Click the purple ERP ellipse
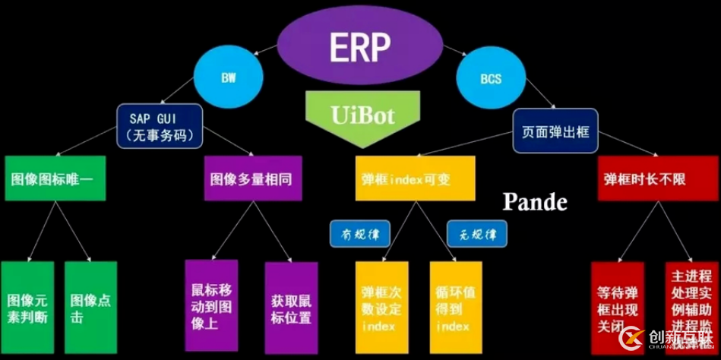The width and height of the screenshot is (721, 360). pos(361,46)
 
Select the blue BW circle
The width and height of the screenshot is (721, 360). pos(228,77)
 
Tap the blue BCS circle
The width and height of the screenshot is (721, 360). pos(490,77)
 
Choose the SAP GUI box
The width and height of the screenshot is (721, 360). pos(160,125)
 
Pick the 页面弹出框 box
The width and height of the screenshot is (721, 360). pos(555,131)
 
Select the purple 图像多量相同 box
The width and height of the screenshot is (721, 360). pos(251,179)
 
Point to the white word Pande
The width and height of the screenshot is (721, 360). pos(535,202)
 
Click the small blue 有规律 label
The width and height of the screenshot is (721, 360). pos(359,233)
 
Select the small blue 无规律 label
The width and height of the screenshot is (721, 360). pos(476,233)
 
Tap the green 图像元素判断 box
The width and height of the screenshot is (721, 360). pos(27,307)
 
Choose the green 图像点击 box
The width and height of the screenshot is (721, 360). pos(90,307)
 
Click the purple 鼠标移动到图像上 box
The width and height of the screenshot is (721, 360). pos(211,305)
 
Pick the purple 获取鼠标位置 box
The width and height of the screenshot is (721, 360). pos(291,307)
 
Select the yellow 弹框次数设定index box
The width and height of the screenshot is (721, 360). pos(382,307)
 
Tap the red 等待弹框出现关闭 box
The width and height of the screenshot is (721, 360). pos(618,307)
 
